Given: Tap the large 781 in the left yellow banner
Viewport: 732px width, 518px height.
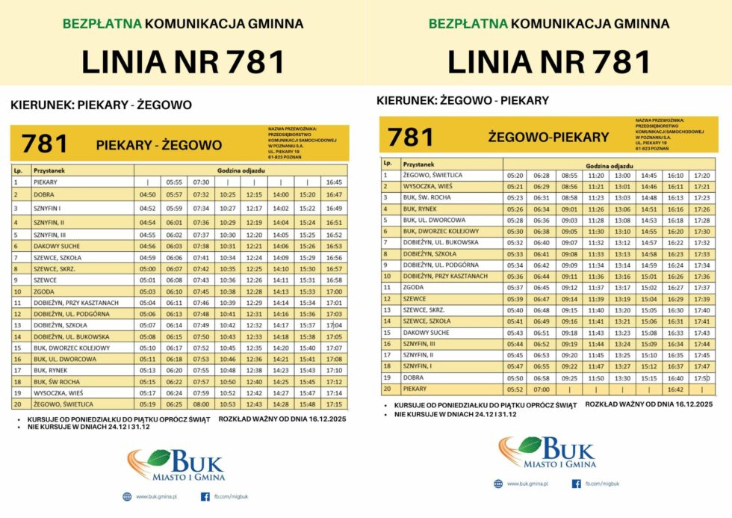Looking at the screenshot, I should coord(45,144).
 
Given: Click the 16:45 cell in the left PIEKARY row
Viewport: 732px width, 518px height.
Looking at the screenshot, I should coord(334,182).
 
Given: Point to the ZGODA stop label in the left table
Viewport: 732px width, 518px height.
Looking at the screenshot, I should coord(45,292).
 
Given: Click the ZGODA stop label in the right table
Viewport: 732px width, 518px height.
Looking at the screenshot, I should coord(413,287).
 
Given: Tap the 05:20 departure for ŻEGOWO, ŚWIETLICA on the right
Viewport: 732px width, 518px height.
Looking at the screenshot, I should coord(515,175).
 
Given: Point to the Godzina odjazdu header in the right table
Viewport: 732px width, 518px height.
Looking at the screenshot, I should coord(606,164).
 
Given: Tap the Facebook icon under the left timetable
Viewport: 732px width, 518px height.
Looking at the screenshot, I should coord(205,496).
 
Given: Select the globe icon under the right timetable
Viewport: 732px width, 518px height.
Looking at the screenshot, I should coord(498,484).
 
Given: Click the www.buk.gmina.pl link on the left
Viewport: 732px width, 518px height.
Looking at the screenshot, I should coord(156,497).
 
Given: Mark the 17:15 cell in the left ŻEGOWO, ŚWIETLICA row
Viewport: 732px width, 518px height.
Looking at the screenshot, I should coord(334,404).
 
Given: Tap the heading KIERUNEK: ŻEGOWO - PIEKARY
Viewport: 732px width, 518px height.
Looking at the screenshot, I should coord(462,100).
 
